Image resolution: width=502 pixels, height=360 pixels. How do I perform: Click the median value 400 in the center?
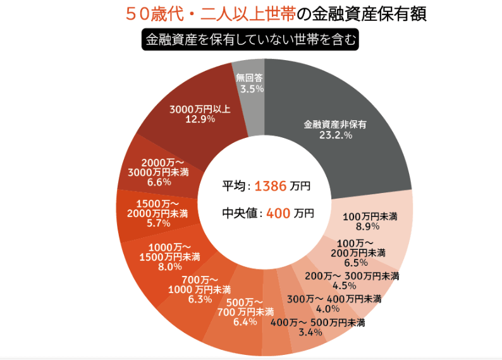point(278,213)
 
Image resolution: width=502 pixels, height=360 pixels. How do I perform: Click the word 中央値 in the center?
point(240,213)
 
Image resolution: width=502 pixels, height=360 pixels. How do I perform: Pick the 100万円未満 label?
point(370,216)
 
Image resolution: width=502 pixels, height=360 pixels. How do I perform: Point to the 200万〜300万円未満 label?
point(352,276)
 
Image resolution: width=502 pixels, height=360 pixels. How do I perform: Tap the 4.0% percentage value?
point(328,309)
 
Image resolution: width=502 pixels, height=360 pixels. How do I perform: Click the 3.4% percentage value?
point(310,333)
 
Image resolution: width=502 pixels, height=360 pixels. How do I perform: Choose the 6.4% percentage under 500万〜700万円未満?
point(245,322)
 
